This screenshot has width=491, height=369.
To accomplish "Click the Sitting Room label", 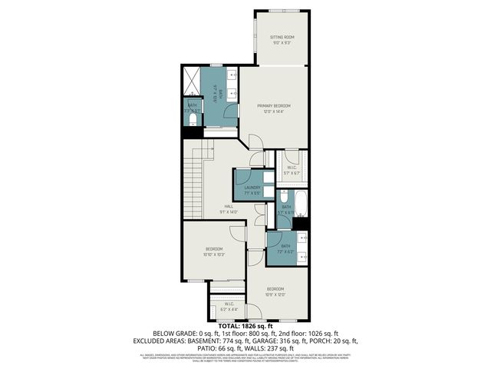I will pyautogui.click(x=282, y=37).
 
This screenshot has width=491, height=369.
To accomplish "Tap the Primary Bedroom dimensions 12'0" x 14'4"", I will pyautogui.click(x=271, y=112).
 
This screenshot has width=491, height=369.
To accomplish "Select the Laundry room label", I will pyautogui.click(x=252, y=187).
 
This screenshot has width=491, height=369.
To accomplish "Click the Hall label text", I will pyautogui.click(x=229, y=206).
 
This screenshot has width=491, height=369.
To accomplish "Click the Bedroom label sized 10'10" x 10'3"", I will pyautogui.click(x=214, y=249).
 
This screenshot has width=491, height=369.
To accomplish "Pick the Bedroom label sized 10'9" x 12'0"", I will pyautogui.click(x=275, y=289).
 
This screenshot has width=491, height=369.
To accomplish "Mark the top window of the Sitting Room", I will pyautogui.click(x=282, y=10).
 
